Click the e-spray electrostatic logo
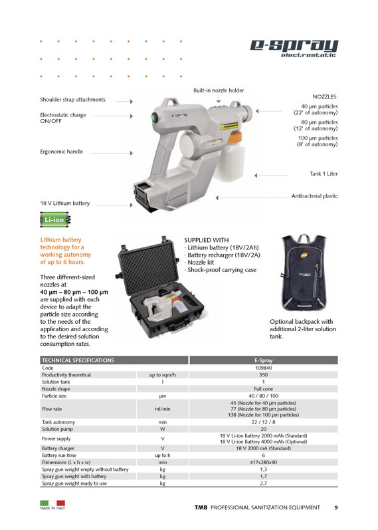click(294, 47)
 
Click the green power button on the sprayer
click(153, 118)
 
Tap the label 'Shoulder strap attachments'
click(72, 100)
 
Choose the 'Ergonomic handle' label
click(62, 152)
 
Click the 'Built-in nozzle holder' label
click(219, 90)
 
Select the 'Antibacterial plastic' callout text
click(314, 196)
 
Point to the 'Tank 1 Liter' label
click(324, 174)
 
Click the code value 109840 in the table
click(264, 368)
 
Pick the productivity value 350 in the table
click(264, 375)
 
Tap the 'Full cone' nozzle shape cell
click(264, 389)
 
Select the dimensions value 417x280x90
click(264, 462)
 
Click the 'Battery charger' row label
click(59, 448)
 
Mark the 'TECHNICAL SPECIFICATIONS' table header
click(78, 360)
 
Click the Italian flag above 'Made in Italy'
click(52, 503)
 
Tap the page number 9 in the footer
click(335, 508)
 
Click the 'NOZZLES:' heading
click(325, 96)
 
